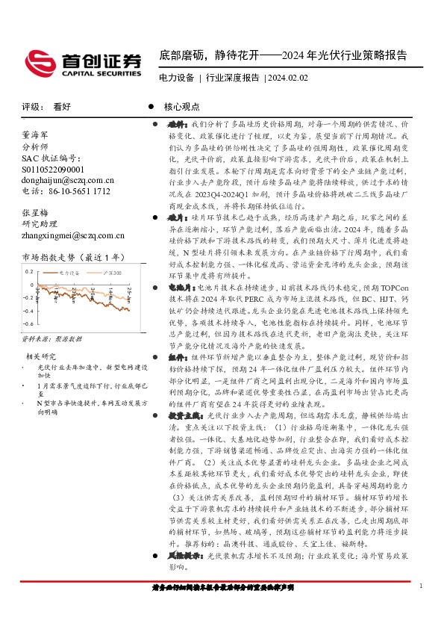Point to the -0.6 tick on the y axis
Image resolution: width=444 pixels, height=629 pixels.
pos(27,324)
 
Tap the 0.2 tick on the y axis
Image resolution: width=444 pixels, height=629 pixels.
pos(28,273)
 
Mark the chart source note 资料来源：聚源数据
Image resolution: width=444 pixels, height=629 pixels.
pos(51,338)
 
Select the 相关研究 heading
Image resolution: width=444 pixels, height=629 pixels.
pos(40,356)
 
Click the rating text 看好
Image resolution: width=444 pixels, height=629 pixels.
pos(62,107)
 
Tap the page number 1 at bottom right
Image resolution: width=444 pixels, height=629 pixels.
pos(422,585)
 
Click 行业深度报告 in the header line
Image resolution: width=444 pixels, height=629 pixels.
pos(233,77)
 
